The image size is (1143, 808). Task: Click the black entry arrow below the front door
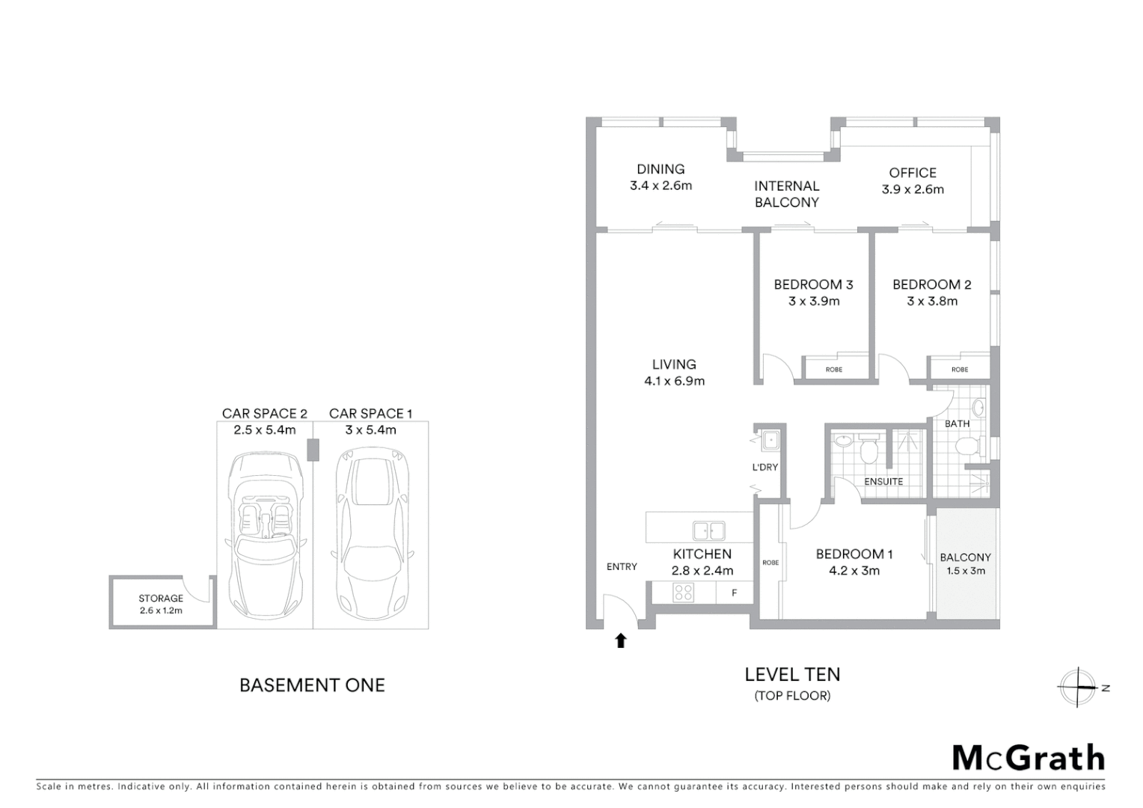[620, 640]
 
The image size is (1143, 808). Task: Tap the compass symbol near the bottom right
[1078, 687]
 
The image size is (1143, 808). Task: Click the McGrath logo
[1029, 758]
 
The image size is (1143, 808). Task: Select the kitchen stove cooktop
[684, 593]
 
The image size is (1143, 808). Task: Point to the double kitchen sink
[708, 530]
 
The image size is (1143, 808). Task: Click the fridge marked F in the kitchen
[735, 593]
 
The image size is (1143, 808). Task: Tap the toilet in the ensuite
[869, 450]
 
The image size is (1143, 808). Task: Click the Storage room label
[161, 599]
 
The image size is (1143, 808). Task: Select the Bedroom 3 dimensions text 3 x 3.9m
[814, 302]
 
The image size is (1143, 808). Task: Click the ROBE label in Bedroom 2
[960, 370]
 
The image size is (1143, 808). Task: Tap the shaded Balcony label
[965, 557]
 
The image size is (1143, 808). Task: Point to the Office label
[913, 173]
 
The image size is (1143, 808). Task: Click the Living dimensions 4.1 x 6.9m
[674, 382]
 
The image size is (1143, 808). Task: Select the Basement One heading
[312, 685]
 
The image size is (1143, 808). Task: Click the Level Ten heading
[792, 675]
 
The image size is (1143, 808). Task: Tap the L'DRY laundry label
[765, 468]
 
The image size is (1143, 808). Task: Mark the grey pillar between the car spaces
[313, 450]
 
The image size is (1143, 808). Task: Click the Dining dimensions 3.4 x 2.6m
[661, 186]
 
